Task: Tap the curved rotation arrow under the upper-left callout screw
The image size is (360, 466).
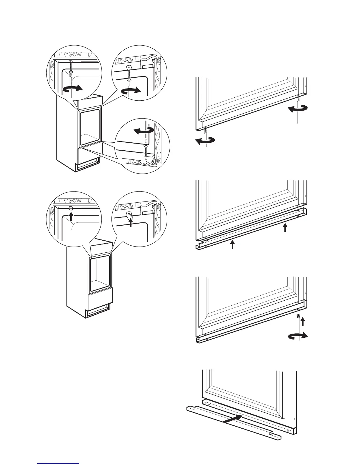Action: (x=72, y=89)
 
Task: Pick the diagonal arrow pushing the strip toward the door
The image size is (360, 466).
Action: (x=233, y=419)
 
